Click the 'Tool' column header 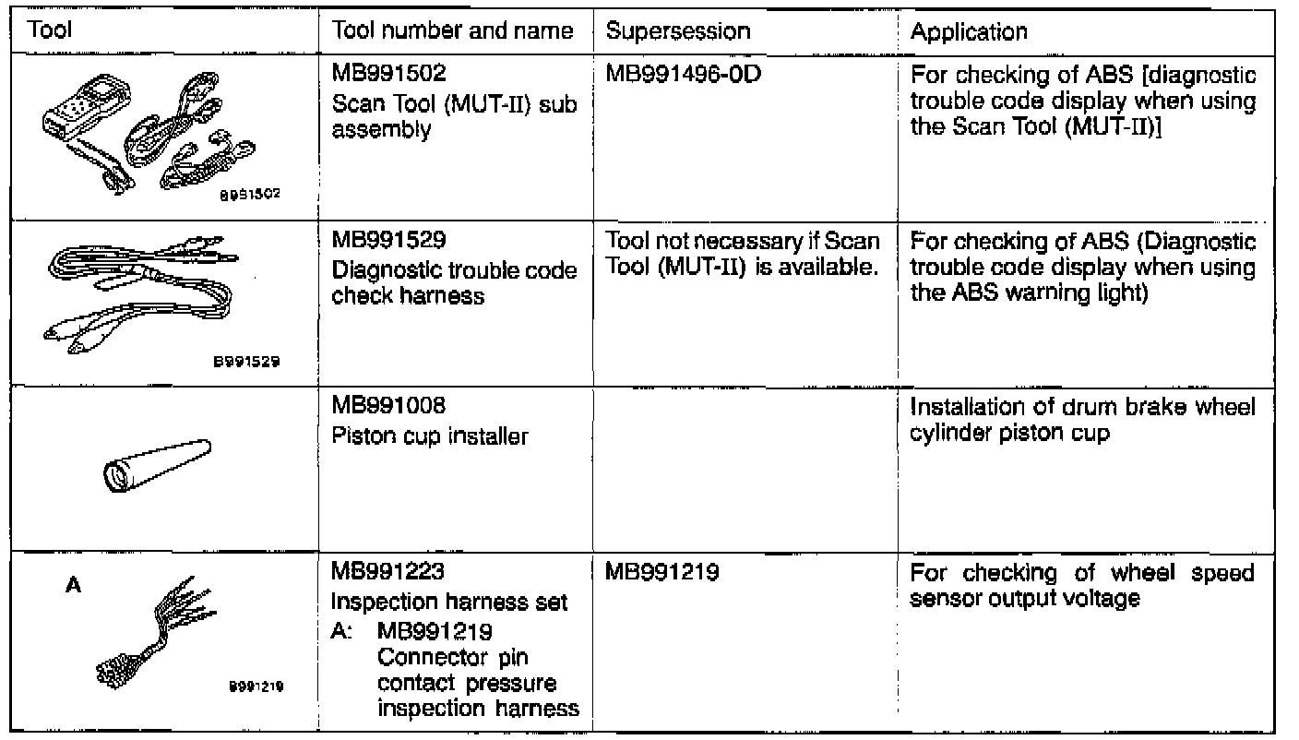click(x=51, y=31)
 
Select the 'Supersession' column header click(x=677, y=31)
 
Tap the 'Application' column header click(x=969, y=31)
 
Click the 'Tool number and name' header click(x=452, y=31)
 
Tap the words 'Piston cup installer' click(x=429, y=436)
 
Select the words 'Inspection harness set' click(x=448, y=603)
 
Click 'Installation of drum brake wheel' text click(x=1082, y=407)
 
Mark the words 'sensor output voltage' click(x=1024, y=599)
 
